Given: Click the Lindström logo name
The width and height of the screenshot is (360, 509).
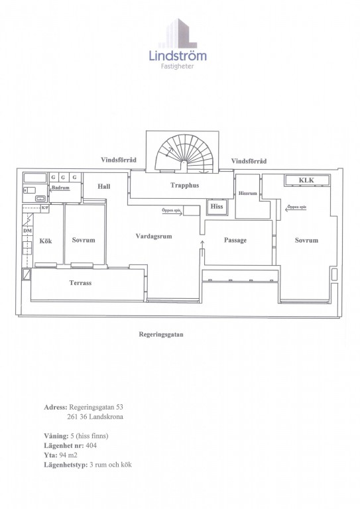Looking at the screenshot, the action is coord(178,56).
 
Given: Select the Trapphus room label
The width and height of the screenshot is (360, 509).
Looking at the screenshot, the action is coord(185,186).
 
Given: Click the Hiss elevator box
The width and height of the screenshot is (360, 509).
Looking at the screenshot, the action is coord(217,207).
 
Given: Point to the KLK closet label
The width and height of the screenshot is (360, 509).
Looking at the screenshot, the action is coord(306,180).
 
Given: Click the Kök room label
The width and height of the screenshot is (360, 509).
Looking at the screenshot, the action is coord(46,241).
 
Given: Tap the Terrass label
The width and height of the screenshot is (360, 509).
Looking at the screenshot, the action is coord(80,283).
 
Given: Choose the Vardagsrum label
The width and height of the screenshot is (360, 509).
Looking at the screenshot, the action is coord(154,237).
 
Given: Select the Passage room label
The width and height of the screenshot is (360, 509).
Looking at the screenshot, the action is coord(235,240).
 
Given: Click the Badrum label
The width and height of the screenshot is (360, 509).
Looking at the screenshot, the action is coord(61,188).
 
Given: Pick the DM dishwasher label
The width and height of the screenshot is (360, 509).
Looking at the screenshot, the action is coord(28,231).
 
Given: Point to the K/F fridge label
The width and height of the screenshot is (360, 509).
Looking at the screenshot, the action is coord(45,207).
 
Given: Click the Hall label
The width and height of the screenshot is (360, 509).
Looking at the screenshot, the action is coord(104,186).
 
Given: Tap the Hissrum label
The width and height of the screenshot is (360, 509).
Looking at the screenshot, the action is coord(248,193).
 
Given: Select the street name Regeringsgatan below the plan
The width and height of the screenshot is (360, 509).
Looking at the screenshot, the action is coord(161,334).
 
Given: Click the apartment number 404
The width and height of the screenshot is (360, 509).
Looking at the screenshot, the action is coord(91,445).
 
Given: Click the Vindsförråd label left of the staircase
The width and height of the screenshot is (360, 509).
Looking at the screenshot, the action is coord(119,160).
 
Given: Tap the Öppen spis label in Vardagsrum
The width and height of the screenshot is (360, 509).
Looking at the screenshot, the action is coord(171,210).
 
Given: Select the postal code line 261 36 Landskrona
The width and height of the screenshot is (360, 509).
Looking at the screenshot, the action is coord(95,417).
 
